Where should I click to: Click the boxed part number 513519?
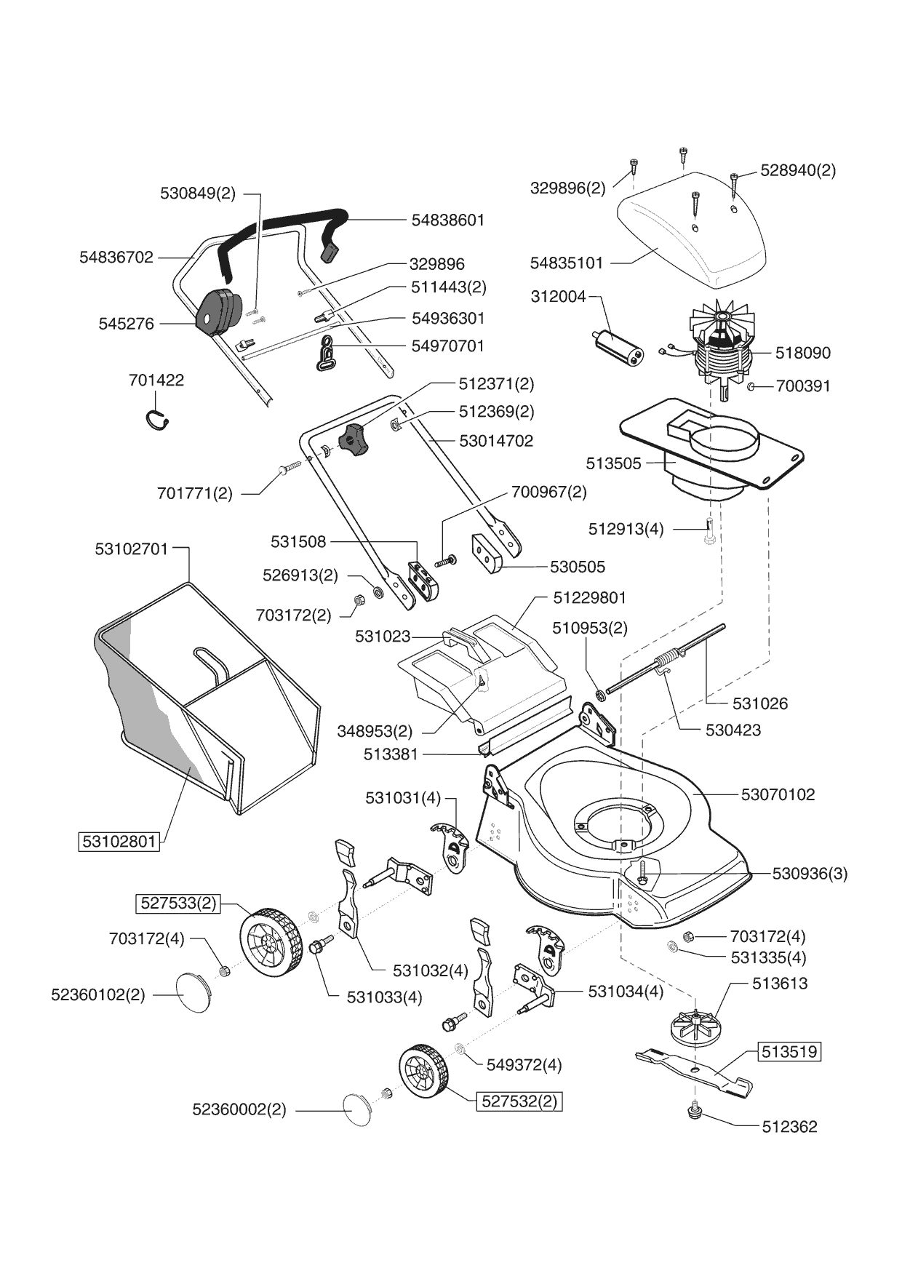pos(789,1051)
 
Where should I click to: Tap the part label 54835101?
pos(567,263)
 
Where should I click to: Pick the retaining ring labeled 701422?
pos(156,420)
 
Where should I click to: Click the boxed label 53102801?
pos(119,842)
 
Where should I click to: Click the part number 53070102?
pos(778,794)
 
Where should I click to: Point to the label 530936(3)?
pos(810,873)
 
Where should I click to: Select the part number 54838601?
pos(447,220)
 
